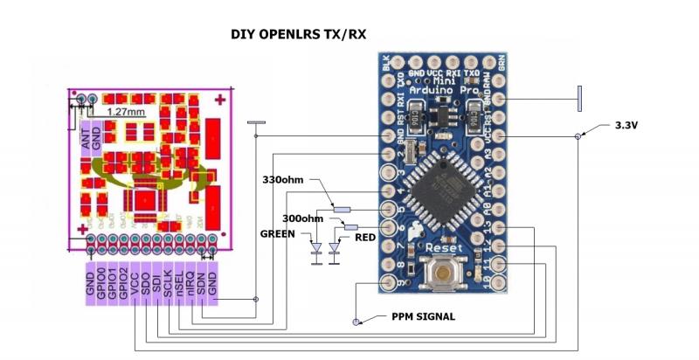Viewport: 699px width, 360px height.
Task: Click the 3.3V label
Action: (626, 126)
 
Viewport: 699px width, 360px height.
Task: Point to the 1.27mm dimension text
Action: (126, 113)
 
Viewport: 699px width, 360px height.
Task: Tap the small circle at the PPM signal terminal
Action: (356, 322)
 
